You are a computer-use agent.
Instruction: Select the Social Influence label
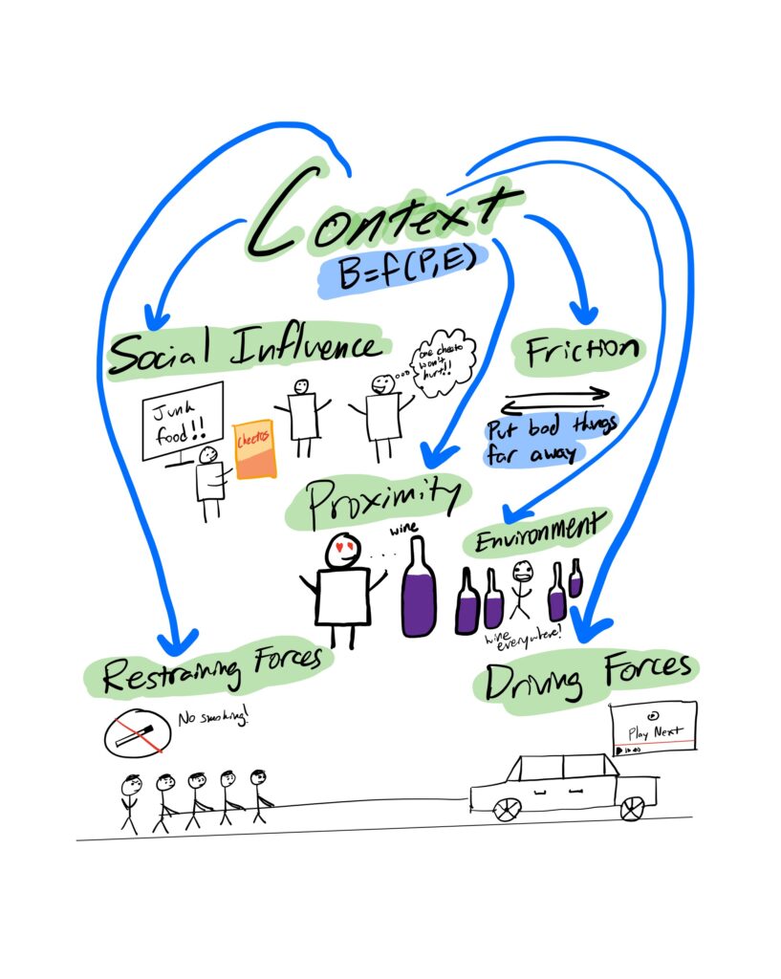click(244, 351)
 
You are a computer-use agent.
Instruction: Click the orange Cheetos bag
click(255, 448)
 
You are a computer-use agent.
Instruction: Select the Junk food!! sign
click(183, 421)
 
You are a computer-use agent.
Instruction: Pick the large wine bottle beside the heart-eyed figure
click(418, 588)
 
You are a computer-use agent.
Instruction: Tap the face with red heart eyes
click(343, 552)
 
